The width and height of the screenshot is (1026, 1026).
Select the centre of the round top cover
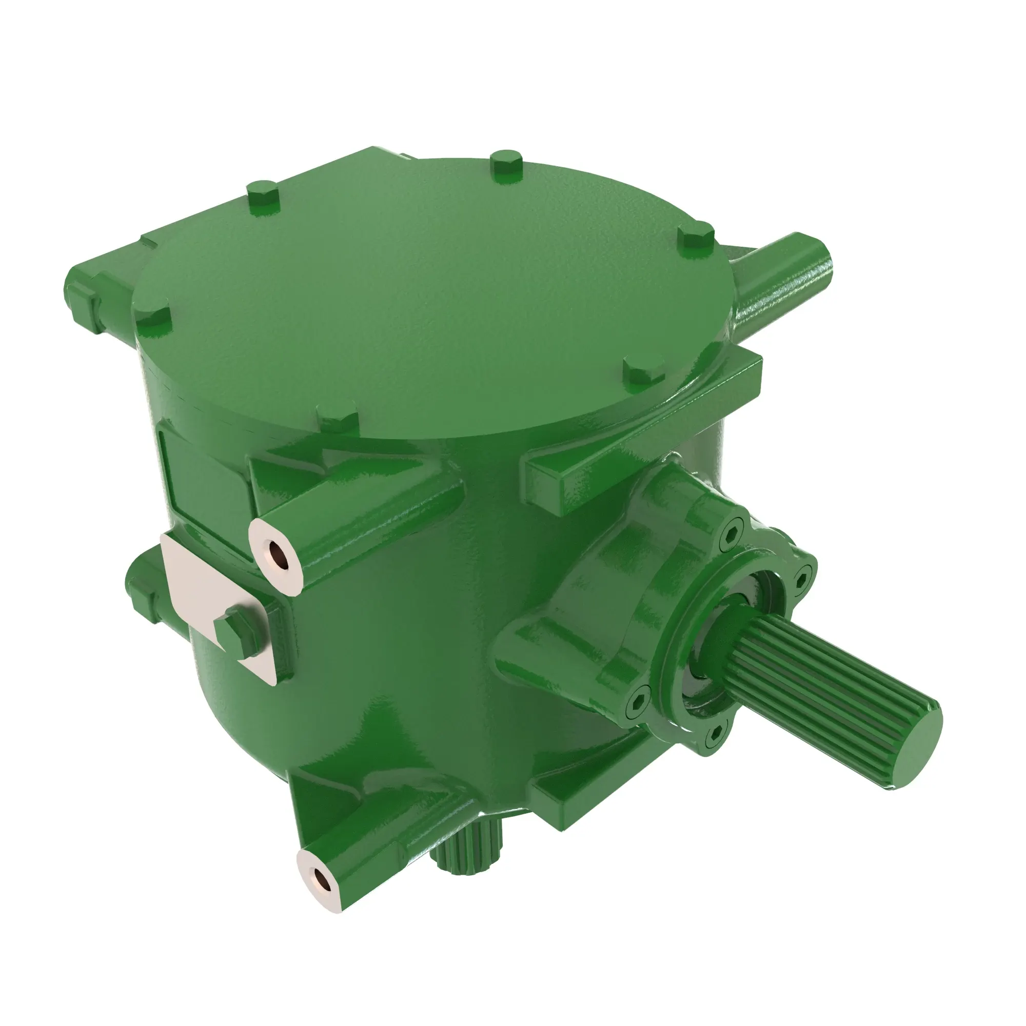click(430, 298)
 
